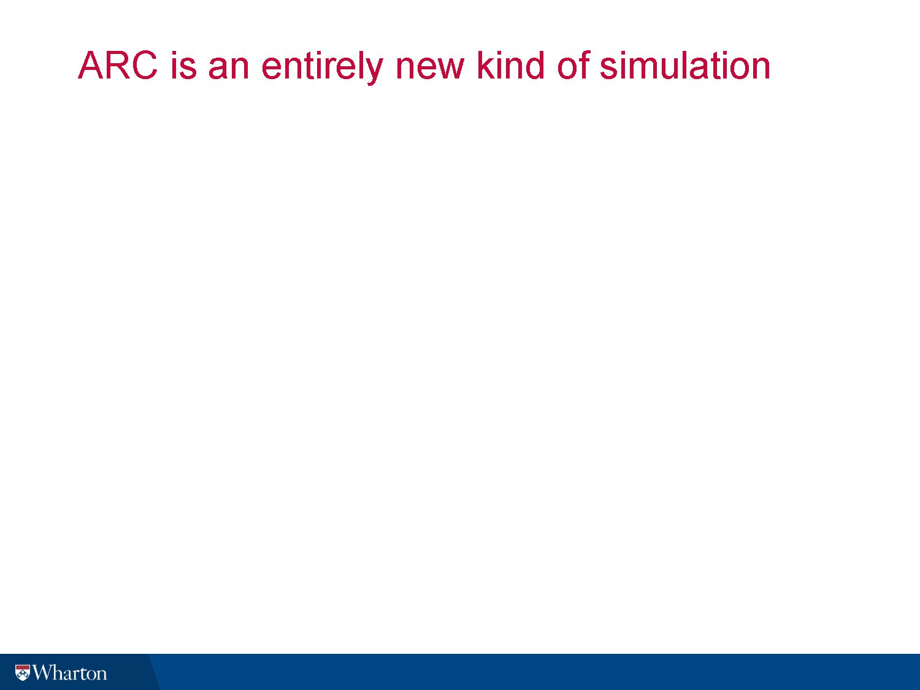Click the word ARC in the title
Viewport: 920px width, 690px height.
118,66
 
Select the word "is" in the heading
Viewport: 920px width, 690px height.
183,66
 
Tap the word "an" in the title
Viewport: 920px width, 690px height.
228,69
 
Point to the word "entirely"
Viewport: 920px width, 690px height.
322,68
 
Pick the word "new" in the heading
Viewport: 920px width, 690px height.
429,69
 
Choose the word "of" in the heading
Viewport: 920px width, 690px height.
573,66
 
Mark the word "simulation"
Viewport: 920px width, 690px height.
685,66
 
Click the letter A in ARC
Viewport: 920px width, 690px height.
91,66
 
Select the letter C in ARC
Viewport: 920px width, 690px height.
145,66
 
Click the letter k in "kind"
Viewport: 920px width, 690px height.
486,66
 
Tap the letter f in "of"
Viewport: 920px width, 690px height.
585,65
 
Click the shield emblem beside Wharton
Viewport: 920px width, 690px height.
23,673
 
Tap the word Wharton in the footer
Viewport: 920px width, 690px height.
69,673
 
